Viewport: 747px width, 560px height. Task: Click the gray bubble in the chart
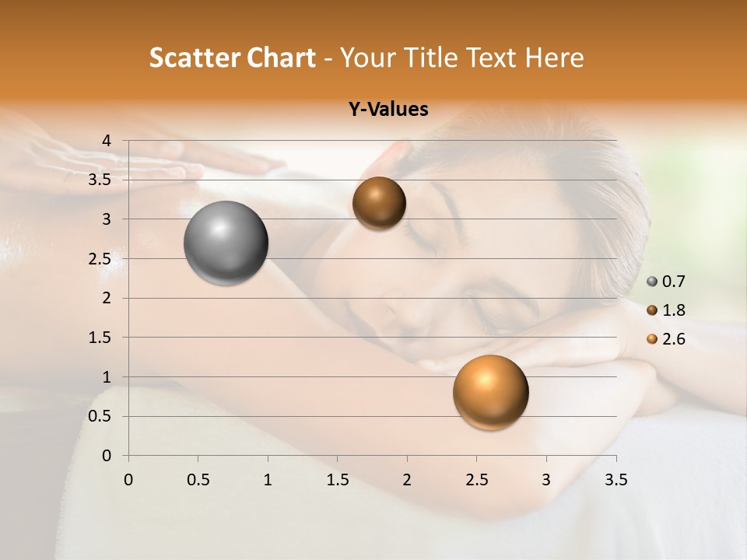(x=226, y=243)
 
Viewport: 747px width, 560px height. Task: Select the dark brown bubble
(x=379, y=203)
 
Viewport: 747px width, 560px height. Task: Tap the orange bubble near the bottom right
(x=490, y=392)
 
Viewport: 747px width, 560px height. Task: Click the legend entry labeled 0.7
(x=667, y=282)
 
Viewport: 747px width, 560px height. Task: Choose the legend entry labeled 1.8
(x=667, y=310)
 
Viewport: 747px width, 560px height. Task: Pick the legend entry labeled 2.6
(x=667, y=339)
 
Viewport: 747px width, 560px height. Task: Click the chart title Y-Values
(x=388, y=110)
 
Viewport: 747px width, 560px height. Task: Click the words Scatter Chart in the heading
(x=233, y=58)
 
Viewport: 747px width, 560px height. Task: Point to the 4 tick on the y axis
(x=107, y=141)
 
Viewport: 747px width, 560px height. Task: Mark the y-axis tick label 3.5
(x=100, y=180)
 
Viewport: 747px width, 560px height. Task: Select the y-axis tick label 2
(x=107, y=298)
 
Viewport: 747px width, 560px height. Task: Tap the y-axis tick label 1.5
(x=100, y=338)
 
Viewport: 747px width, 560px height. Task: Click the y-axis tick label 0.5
(x=100, y=416)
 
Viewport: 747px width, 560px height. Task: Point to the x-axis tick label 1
(x=268, y=480)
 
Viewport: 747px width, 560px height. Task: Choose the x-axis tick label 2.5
(x=476, y=480)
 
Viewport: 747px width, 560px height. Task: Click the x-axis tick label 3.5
(x=615, y=480)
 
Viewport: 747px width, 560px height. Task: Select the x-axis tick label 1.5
(x=337, y=480)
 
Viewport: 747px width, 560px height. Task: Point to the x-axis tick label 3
(x=546, y=480)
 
